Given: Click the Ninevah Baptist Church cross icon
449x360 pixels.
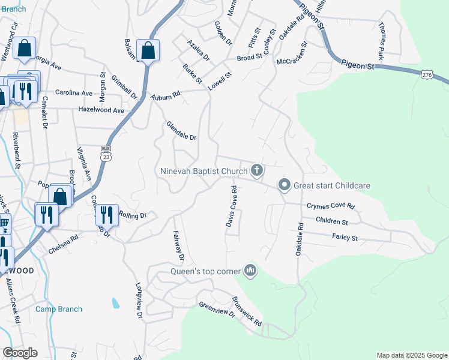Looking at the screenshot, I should pyautogui.click(x=257, y=171).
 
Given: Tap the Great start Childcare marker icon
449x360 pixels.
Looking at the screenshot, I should pyautogui.click(x=285, y=185).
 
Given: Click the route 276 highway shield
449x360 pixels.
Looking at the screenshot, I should pyautogui.click(x=426, y=74).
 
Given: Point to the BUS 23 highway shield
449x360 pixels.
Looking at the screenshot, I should pyautogui.click(x=106, y=153).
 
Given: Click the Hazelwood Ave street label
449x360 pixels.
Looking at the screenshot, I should pyautogui.click(x=101, y=110).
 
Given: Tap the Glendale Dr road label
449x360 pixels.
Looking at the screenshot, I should pyautogui.click(x=181, y=130).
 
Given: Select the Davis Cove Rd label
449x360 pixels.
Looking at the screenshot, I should pyautogui.click(x=231, y=206).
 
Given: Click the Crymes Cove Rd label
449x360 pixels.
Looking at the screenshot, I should pyautogui.click(x=331, y=206).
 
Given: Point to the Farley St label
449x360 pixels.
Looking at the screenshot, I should pyautogui.click(x=345, y=238).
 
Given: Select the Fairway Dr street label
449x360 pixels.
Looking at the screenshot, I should pyautogui.click(x=178, y=246).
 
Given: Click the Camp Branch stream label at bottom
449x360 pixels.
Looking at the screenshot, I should pyautogui.click(x=59, y=309).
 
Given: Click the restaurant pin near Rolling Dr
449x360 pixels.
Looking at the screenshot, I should pyautogui.click(x=106, y=214).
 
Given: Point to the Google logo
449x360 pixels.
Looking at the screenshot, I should pyautogui.click(x=20, y=353).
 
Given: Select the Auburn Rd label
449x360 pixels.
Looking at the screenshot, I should pyautogui.click(x=166, y=95).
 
